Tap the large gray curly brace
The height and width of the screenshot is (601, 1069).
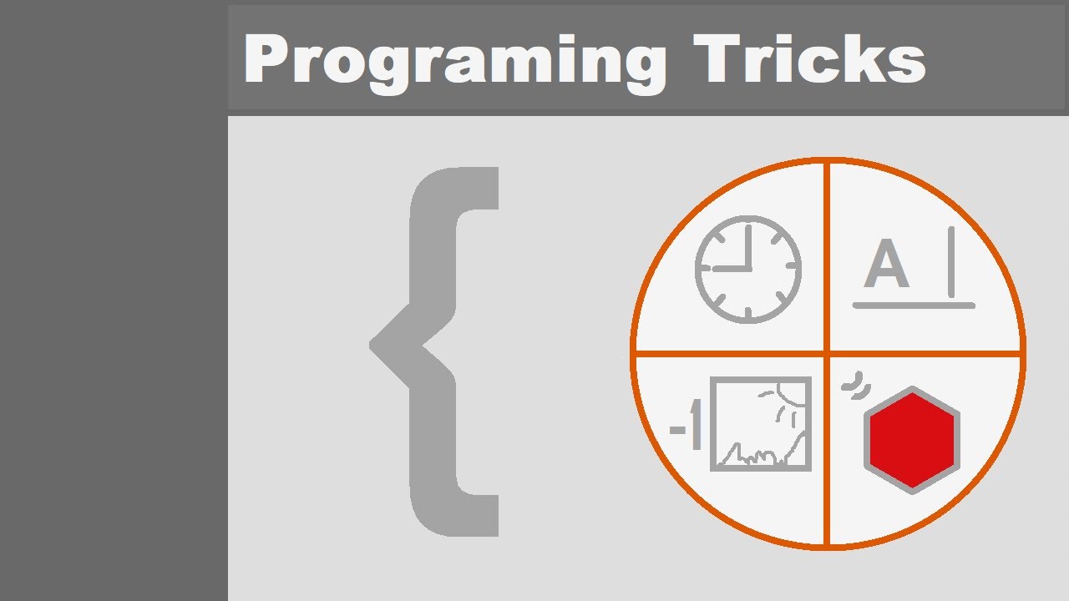[434, 351]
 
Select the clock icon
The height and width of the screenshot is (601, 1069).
[748, 269]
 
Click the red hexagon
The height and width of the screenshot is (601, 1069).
[911, 439]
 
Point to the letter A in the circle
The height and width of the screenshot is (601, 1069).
[886, 265]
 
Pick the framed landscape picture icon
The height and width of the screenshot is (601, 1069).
[761, 424]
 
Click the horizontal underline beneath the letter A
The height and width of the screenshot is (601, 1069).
[914, 306]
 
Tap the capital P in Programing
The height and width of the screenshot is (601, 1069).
[266, 60]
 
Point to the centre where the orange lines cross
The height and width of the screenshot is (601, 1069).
[827, 354]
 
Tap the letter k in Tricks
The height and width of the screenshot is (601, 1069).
[865, 60]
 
